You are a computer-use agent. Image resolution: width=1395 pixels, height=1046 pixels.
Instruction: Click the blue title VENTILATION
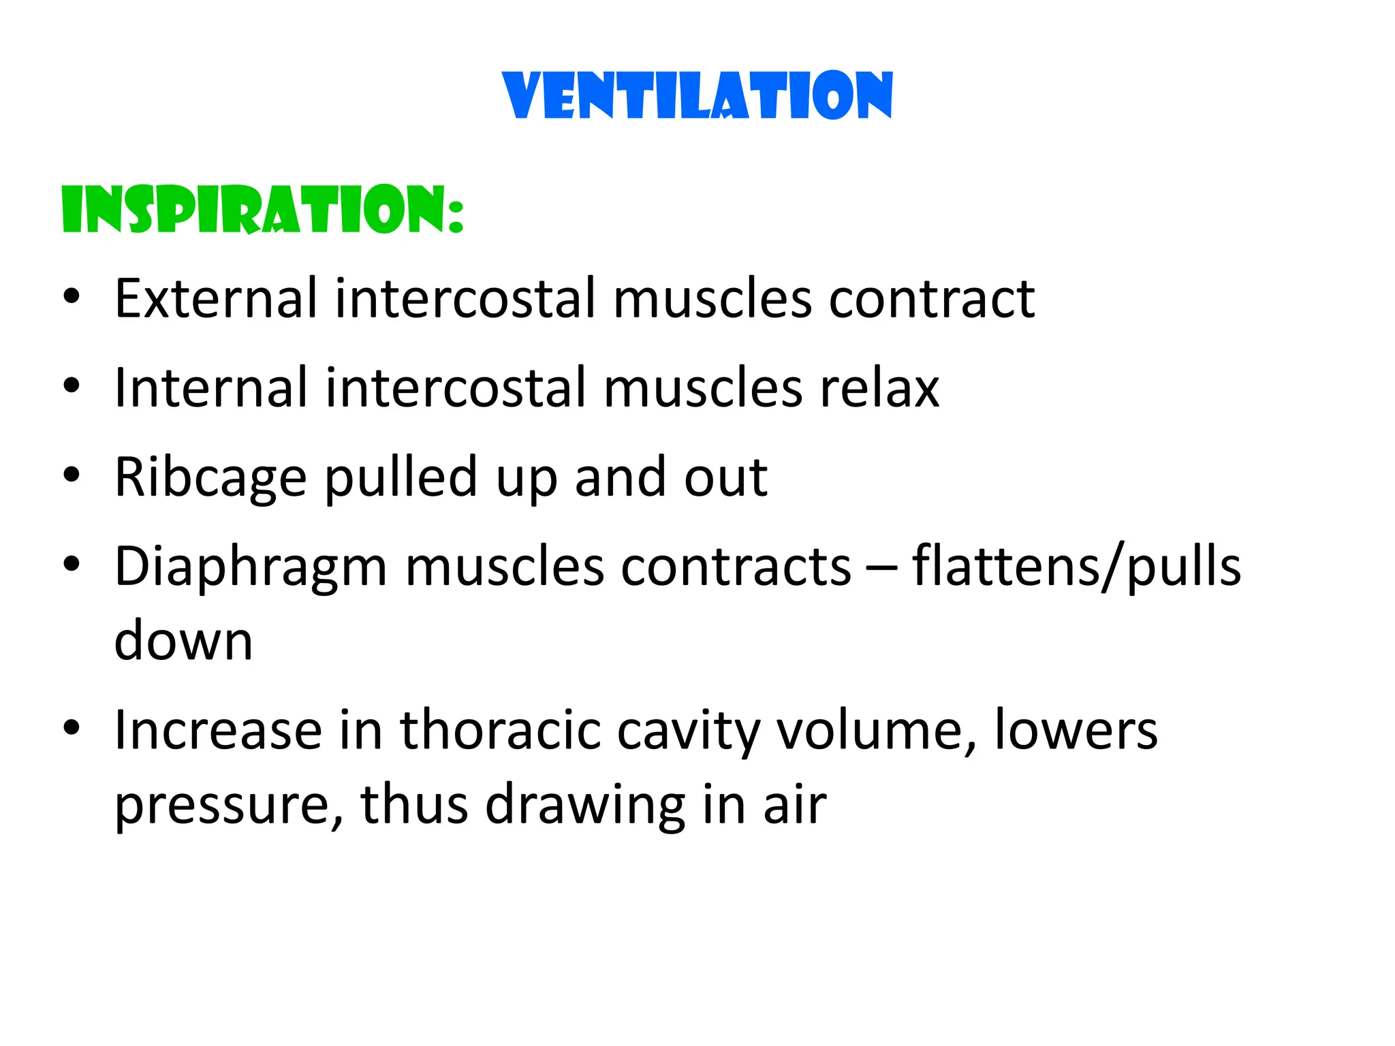(697, 95)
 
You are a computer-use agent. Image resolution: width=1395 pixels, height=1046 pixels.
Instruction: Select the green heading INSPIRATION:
(263, 210)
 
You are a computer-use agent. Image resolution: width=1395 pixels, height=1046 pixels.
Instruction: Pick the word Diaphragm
(251, 568)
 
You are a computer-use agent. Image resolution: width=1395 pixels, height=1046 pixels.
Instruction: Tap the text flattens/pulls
(1076, 567)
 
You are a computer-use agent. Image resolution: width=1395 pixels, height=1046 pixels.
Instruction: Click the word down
(183, 641)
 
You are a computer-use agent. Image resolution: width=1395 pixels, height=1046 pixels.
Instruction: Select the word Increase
(218, 730)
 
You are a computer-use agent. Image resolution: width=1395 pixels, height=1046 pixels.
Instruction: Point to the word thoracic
(500, 730)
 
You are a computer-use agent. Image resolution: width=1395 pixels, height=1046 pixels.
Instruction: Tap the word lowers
(1076, 730)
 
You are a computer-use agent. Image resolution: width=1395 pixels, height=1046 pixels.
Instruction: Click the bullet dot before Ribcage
(72, 475)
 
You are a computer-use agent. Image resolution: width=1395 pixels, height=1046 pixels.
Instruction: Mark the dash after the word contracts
(881, 568)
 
